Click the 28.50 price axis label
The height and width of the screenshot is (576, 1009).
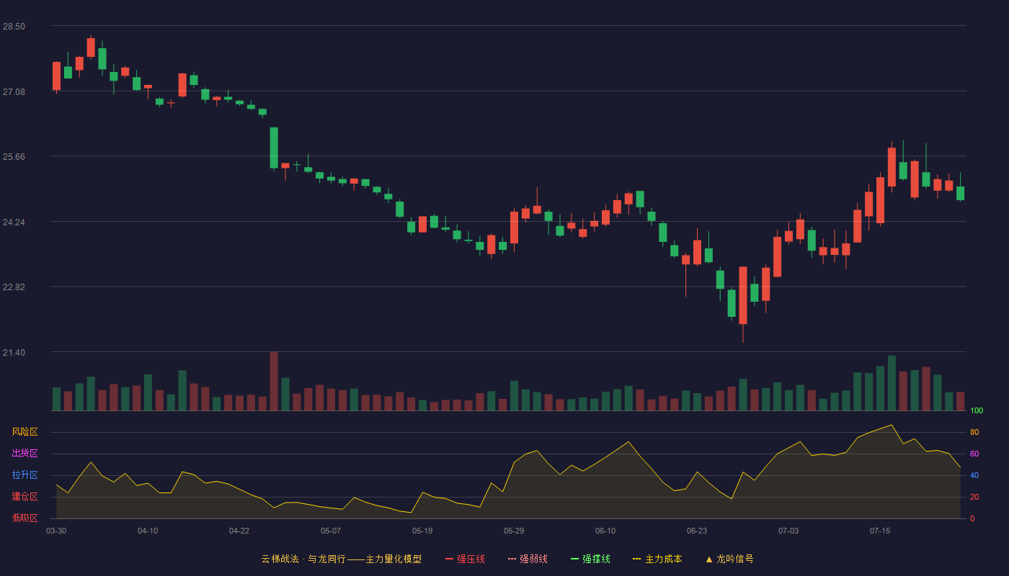pos(14,27)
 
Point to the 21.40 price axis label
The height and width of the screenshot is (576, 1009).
pos(14,352)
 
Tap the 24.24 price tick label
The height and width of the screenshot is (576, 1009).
pos(14,222)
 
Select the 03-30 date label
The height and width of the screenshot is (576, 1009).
pos(56,531)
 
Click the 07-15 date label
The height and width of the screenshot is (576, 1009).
pos(880,531)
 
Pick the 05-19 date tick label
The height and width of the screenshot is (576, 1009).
pos(422,531)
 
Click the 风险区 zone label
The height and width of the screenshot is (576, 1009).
pos(25,432)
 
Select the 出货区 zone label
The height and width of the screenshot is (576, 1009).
pos(25,453)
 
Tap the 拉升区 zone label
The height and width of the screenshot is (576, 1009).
pos(25,474)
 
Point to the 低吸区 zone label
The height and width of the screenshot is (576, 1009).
pos(25,518)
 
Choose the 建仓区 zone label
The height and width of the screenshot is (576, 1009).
pos(25,496)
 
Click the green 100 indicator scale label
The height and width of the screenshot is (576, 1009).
pos(977,410)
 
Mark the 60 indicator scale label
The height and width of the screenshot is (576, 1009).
pos(974,454)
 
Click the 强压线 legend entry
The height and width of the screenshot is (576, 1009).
pos(465,559)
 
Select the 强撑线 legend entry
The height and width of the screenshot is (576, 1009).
pos(590,559)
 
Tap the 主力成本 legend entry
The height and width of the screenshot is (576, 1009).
pos(657,559)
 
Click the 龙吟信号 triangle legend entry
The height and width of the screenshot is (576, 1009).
pos(729,559)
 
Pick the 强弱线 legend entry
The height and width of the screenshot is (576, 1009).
pos(528,559)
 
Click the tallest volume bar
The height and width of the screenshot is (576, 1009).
pos(274,381)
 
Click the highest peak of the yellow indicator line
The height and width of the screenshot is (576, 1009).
pos(892,425)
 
